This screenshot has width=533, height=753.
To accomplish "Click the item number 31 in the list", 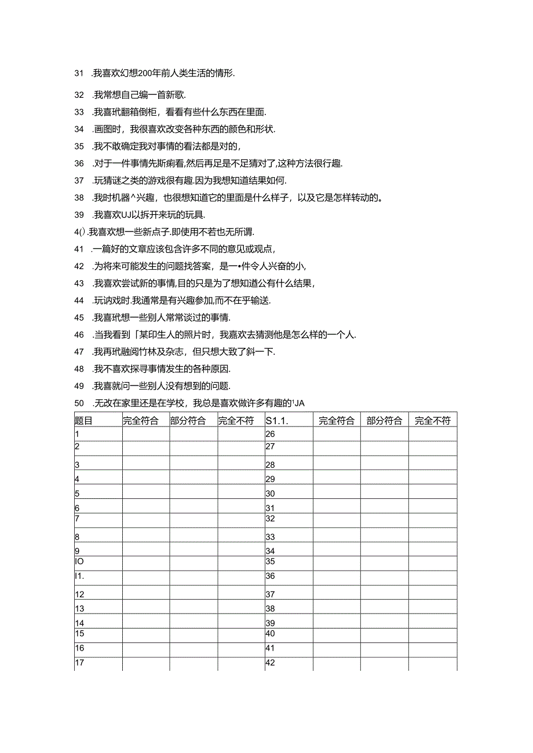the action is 79,73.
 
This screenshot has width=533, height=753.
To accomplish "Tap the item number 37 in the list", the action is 79,179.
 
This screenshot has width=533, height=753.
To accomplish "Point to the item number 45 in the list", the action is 79,317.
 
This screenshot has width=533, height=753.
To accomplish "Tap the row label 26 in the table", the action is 270,434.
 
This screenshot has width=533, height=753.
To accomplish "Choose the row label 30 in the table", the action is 270,494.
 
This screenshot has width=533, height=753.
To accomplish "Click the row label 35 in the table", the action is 270,561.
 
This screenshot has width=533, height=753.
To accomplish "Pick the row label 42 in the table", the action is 270,663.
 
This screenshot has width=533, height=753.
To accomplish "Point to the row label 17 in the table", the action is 80,663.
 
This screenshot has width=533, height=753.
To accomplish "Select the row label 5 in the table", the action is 78,494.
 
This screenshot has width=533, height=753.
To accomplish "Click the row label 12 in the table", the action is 80,594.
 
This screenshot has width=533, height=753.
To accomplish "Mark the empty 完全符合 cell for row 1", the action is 146,434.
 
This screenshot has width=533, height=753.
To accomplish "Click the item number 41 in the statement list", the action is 79,249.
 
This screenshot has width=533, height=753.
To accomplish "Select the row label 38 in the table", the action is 270,608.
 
